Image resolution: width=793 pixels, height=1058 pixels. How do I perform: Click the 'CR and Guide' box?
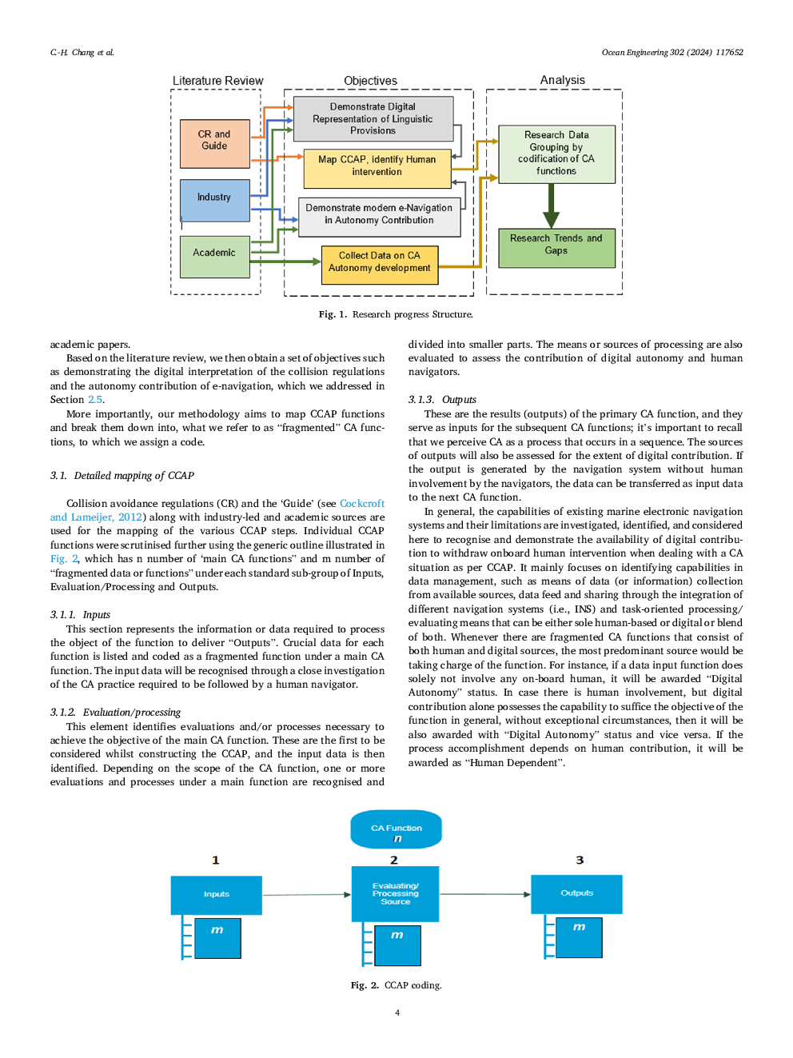click(214, 143)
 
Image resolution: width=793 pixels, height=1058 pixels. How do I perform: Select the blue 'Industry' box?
click(214, 199)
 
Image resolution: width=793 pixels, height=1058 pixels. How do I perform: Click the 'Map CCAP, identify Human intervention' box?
click(377, 167)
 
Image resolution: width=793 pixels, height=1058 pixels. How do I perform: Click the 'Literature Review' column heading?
click(217, 81)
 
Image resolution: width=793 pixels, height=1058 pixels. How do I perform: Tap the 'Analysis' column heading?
click(562, 80)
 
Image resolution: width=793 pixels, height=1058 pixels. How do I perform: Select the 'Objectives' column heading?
click(370, 81)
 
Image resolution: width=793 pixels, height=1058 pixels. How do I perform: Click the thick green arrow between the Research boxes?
click(551, 206)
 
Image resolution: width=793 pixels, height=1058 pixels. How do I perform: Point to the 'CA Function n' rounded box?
click(396, 831)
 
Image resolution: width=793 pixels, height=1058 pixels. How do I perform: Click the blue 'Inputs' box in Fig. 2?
click(216, 894)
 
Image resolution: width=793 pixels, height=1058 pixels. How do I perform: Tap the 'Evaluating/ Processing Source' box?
click(395, 894)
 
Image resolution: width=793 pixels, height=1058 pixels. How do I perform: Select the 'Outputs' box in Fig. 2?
click(576, 893)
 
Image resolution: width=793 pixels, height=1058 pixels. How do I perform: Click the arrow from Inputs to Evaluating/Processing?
click(307, 894)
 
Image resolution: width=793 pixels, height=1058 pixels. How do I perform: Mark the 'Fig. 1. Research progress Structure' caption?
click(396, 314)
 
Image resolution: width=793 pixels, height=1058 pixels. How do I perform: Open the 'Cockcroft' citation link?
click(362, 503)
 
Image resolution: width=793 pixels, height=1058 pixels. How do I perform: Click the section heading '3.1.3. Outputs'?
click(442, 399)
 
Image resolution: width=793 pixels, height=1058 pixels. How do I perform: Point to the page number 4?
click(396, 1012)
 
